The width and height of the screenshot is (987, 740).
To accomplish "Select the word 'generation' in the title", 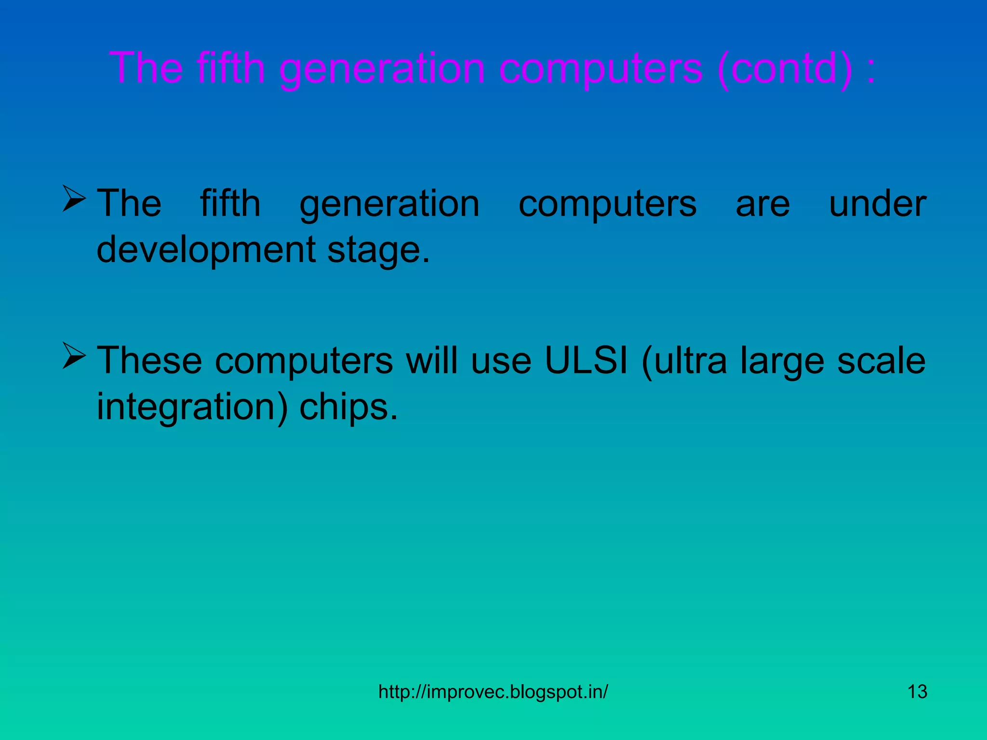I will point(382,68).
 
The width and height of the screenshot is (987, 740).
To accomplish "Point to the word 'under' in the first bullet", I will point(877,204).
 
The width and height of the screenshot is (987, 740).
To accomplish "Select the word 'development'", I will point(206,250).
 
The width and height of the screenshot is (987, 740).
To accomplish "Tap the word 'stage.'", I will point(378,250).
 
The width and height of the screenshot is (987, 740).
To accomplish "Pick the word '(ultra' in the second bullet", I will point(684,360).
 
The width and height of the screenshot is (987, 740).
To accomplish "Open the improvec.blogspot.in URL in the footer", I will point(493,692).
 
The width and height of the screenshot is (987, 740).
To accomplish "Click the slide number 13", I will point(917,692).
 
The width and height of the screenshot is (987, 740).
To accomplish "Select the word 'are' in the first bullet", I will point(762,204).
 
